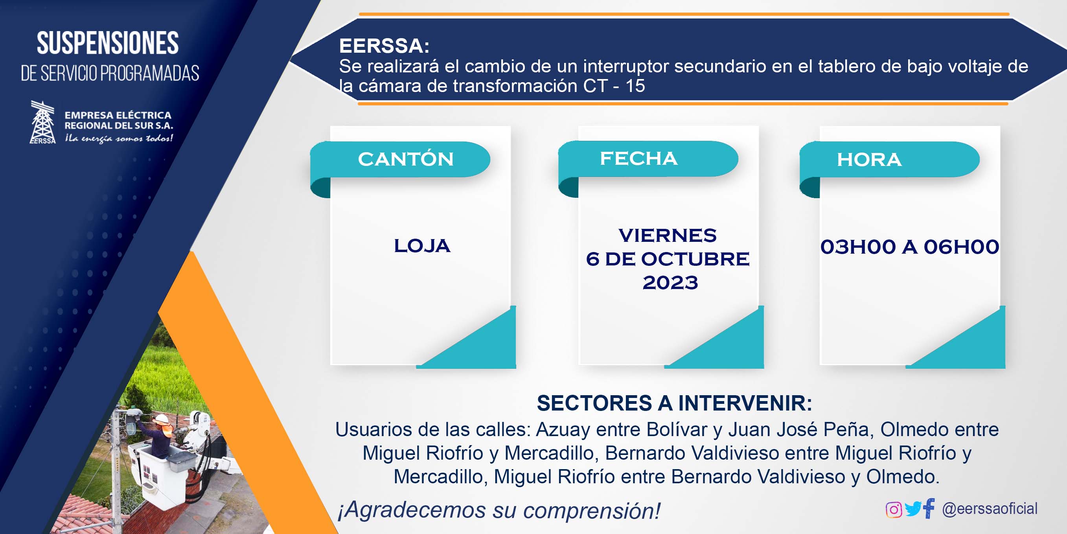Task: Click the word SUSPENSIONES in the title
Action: coord(108,43)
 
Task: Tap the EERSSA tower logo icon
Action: coord(43,122)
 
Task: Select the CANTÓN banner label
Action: coord(405,159)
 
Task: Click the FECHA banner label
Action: coord(639,158)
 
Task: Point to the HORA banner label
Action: coord(869,160)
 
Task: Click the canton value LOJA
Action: coord(422,246)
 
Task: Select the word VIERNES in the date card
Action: coord(667,235)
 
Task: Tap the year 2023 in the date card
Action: coord(670,283)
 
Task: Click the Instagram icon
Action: coord(894,509)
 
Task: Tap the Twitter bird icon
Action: coord(912,509)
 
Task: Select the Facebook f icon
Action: coord(929,508)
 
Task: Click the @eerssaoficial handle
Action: coord(990,508)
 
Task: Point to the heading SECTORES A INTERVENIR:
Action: coord(674,403)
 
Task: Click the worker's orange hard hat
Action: coord(161,420)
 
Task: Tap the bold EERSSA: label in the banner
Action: coord(384,46)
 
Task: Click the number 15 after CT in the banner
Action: coord(635,86)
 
